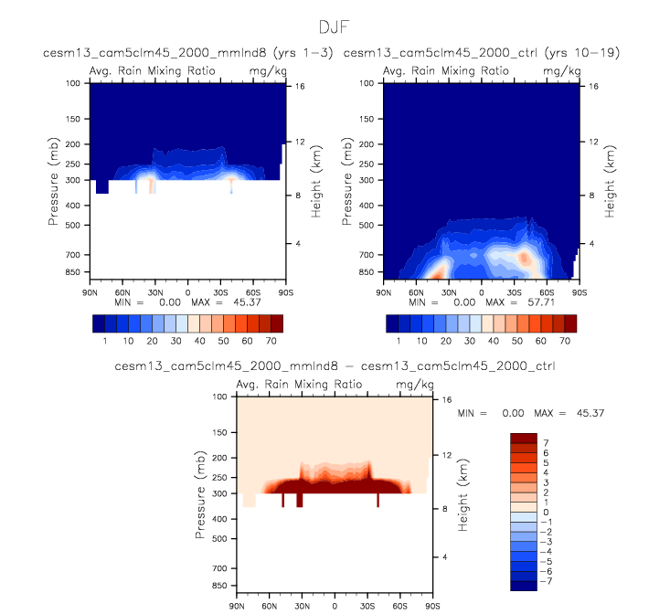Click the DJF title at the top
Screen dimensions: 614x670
(x=335, y=29)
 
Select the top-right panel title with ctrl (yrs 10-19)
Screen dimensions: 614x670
(x=482, y=54)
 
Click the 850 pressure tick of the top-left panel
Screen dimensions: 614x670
(x=74, y=272)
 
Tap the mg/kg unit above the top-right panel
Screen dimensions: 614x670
(x=556, y=70)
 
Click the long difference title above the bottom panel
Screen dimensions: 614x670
(x=335, y=366)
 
